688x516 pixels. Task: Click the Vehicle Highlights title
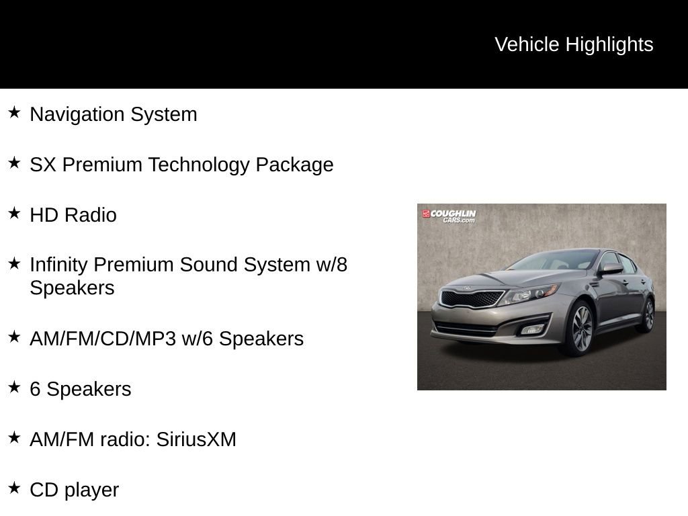tap(574, 44)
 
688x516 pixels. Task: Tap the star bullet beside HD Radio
tap(14, 213)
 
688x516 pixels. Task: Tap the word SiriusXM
tap(196, 439)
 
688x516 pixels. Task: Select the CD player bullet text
tap(74, 490)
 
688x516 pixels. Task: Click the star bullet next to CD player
tap(14, 488)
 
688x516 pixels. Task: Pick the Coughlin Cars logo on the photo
tap(449, 216)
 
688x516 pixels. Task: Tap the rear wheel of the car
tap(648, 314)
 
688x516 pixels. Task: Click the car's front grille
tap(472, 298)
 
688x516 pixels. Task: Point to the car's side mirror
tap(611, 269)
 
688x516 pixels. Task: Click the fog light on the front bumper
tap(533, 329)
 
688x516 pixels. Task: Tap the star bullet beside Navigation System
tap(14, 112)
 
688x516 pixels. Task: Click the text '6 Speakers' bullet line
tap(80, 389)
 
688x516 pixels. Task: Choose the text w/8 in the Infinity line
tap(331, 265)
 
